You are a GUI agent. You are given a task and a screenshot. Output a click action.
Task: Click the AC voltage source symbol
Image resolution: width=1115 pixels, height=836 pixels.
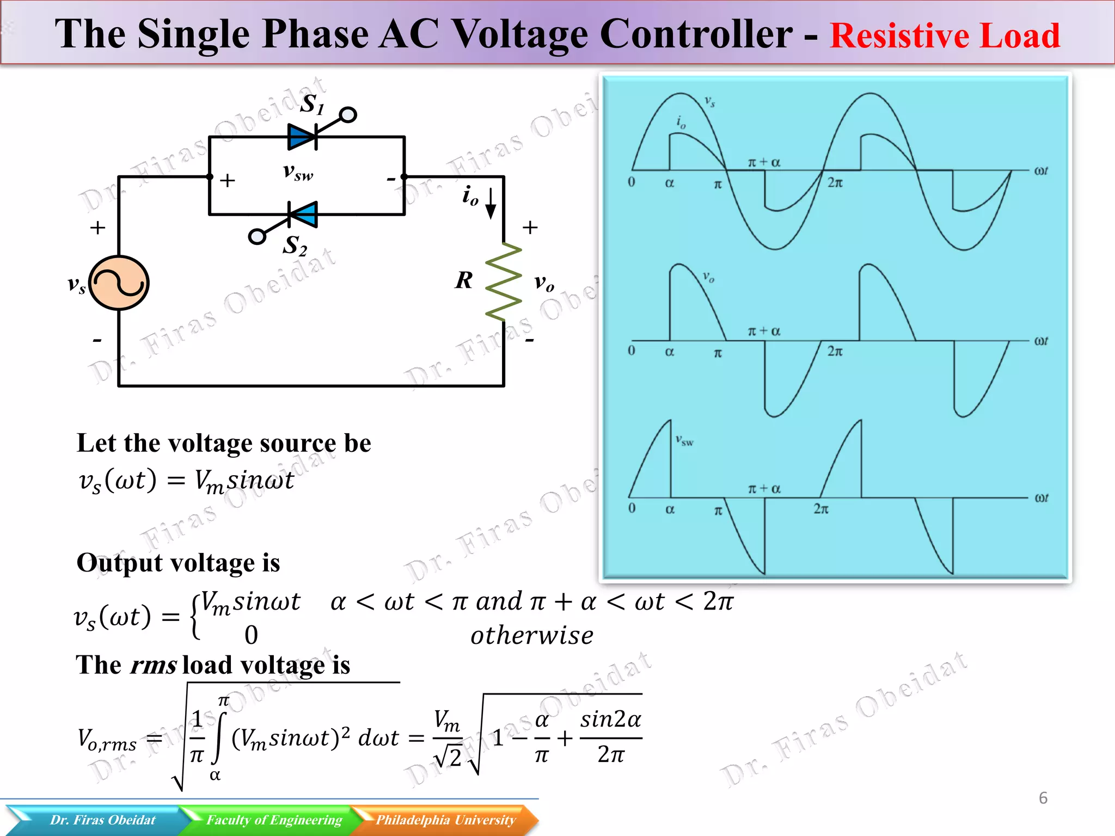(x=119, y=283)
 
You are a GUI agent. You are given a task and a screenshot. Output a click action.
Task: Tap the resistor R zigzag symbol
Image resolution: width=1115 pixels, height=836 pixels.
(x=504, y=281)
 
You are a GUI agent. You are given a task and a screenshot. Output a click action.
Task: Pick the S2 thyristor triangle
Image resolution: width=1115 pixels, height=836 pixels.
(x=303, y=214)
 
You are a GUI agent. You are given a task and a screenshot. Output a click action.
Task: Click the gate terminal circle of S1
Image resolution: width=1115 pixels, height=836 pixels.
(x=348, y=115)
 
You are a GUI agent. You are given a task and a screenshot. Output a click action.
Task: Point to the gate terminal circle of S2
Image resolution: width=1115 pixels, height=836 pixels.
(x=257, y=237)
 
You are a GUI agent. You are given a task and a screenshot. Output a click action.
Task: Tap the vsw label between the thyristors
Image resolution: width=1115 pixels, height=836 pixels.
(x=298, y=172)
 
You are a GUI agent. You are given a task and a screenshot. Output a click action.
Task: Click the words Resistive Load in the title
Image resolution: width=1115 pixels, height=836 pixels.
(x=945, y=36)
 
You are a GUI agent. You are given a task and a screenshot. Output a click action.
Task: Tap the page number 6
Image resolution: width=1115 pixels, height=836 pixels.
(x=1043, y=798)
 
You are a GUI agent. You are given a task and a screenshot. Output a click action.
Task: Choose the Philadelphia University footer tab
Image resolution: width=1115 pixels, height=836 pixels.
(x=445, y=820)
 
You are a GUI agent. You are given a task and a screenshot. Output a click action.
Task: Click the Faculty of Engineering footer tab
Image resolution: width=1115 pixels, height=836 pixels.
(x=274, y=820)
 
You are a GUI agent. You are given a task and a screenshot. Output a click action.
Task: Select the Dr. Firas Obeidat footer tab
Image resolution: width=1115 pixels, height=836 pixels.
(x=102, y=820)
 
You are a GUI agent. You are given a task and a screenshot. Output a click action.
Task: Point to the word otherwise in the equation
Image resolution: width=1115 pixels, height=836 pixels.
(x=532, y=636)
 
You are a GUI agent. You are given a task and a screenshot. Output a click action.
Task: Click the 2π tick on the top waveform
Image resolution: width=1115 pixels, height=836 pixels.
(x=835, y=183)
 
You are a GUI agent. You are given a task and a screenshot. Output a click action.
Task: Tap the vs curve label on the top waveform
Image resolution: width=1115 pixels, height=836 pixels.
(x=710, y=101)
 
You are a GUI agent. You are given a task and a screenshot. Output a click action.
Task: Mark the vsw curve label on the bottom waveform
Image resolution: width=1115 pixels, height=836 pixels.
(x=684, y=440)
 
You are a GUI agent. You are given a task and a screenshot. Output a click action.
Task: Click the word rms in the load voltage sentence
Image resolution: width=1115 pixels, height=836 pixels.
(x=154, y=665)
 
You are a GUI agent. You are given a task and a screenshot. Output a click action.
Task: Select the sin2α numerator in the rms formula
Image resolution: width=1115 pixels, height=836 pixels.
(x=610, y=720)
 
